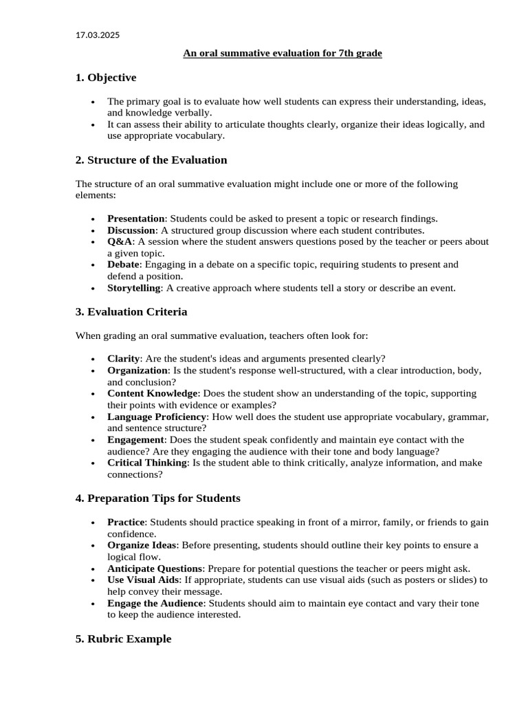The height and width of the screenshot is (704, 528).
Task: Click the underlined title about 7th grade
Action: [282, 54]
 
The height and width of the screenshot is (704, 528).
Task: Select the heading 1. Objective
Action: [106, 78]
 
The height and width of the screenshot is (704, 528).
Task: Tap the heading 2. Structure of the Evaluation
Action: [151, 160]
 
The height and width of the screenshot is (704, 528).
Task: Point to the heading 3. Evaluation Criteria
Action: [131, 312]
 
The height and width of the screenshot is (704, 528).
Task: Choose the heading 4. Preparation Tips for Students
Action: [158, 498]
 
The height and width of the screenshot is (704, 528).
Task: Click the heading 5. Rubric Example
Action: [124, 639]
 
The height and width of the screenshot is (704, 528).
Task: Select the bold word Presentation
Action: [136, 219]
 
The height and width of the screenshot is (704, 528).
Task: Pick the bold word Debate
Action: [124, 265]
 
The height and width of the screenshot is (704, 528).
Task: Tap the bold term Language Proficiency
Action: [157, 417]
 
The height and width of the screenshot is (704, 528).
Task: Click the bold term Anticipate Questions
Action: [155, 569]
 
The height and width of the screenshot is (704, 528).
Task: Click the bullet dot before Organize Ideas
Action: [93, 546]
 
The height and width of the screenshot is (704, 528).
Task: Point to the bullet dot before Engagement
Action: [93, 441]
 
